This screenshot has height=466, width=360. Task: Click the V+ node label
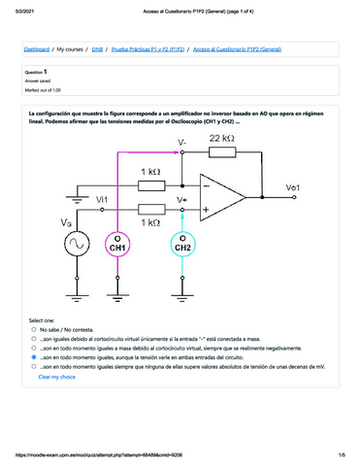182,199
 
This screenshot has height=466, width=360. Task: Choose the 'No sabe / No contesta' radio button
35,329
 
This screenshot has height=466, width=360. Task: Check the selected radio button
35,356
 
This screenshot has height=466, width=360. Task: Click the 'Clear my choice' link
55,377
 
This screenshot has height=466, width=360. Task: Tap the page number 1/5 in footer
342,455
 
